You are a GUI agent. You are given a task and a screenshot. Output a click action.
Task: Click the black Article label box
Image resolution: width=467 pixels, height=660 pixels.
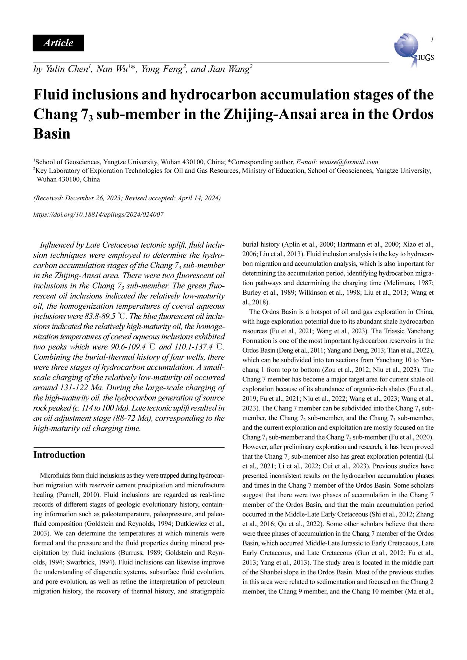58,43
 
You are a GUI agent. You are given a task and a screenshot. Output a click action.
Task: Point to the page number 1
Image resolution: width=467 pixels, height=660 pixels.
431,40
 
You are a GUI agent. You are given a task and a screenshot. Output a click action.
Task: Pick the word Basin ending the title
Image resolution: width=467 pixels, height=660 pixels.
52,133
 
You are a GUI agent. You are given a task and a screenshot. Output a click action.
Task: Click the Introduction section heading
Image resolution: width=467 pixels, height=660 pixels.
59,455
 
